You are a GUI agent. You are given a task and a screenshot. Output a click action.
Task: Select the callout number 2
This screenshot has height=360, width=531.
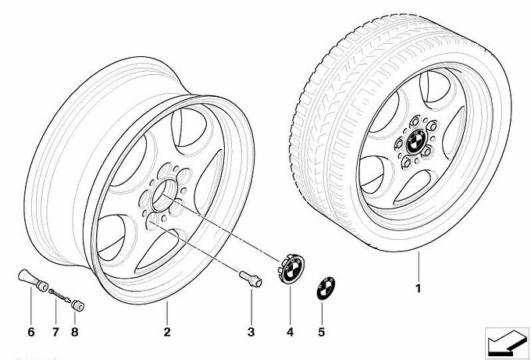coord(167,333)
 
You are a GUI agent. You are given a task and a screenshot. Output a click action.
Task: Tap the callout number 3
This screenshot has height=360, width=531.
coord(251,333)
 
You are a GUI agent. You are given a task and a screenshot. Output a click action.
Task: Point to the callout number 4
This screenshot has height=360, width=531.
coord(290,333)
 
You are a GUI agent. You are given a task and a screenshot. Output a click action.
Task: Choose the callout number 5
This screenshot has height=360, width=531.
coord(322,333)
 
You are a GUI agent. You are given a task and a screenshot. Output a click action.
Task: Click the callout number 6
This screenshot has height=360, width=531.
coord(32,333)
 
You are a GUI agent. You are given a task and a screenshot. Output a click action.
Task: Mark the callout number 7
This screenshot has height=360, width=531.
coord(55,333)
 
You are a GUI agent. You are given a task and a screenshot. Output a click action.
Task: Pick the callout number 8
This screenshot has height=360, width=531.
coord(76,333)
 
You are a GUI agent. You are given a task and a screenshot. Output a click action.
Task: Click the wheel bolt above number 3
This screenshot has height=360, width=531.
coord(248,280)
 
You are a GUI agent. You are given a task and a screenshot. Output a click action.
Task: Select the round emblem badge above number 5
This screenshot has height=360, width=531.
coord(322,288)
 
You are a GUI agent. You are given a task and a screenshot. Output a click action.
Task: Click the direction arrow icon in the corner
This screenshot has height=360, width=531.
coord(504,340)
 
